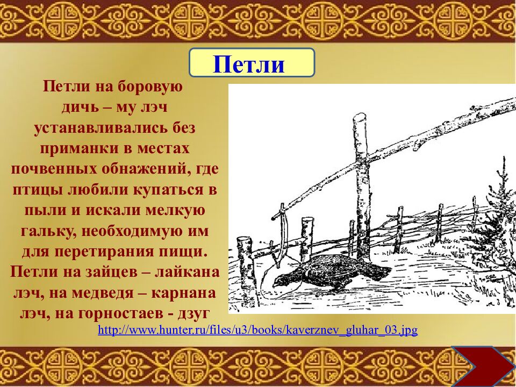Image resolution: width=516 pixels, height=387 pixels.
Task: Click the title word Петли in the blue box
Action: coord(248,64)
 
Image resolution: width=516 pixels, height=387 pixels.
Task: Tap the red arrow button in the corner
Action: coord(482,367)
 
